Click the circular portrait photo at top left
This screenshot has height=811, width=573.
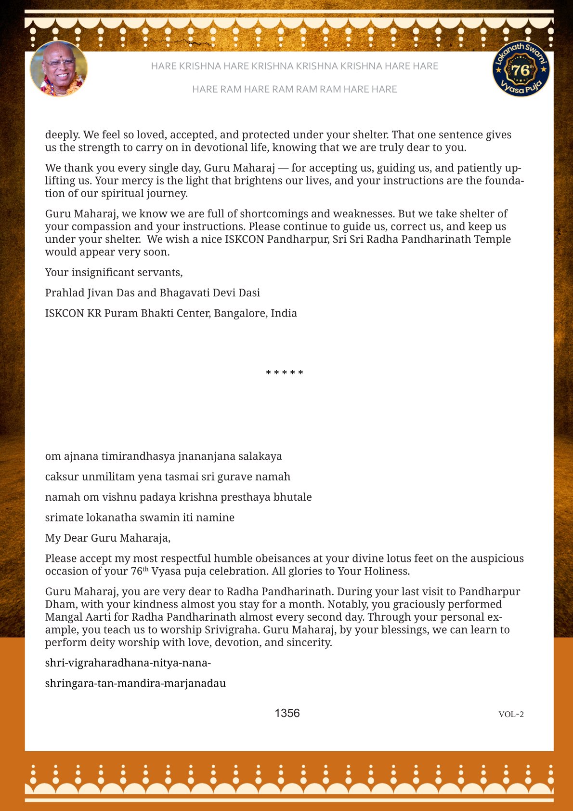click(x=59, y=69)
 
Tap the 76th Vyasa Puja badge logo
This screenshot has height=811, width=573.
click(x=521, y=69)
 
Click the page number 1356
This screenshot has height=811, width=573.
click(x=287, y=713)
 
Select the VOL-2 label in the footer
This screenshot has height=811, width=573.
click(x=511, y=714)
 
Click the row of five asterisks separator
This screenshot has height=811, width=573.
click(x=285, y=373)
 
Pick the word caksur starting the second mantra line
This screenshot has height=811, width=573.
click(x=62, y=477)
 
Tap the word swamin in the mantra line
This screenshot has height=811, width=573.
click(x=160, y=518)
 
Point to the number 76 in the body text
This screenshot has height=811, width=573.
click(x=136, y=572)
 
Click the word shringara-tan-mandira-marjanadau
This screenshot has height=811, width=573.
click(x=135, y=683)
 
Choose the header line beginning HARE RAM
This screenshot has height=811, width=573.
click(x=294, y=89)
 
